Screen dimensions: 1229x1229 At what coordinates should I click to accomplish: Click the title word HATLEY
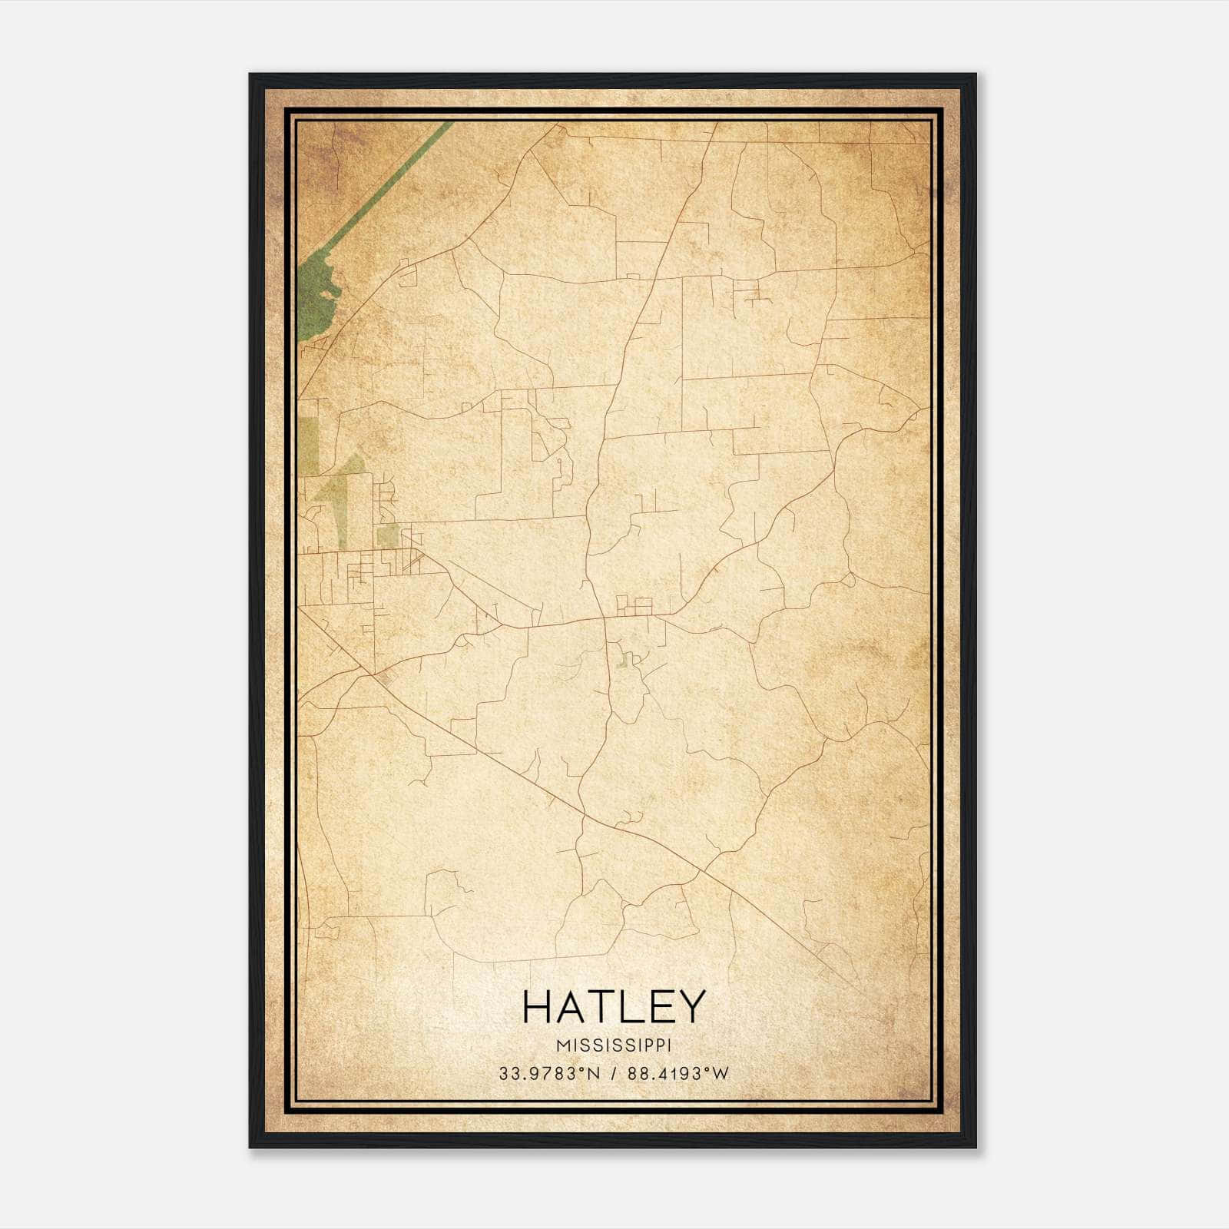coord(613,1007)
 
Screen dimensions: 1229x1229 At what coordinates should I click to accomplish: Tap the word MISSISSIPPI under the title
coord(613,1045)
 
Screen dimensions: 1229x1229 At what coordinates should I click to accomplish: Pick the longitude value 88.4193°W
coord(677,1074)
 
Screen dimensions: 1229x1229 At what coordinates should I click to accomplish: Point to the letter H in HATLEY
coord(538,1007)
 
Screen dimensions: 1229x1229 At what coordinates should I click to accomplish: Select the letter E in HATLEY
coord(659,1007)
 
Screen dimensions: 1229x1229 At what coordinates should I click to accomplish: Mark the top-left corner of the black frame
coord(250,75)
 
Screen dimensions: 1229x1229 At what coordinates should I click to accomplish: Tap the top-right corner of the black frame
coord(976,75)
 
